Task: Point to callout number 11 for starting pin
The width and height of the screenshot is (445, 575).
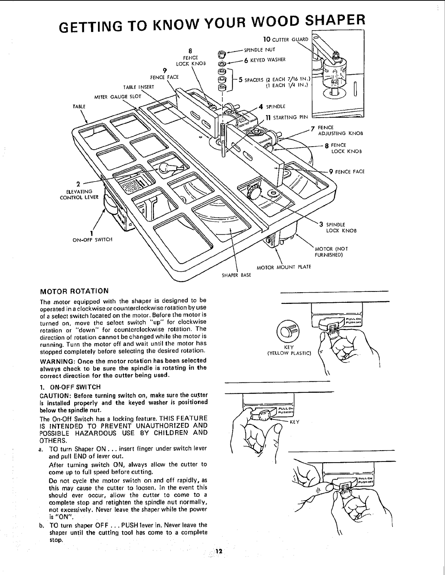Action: tap(266, 117)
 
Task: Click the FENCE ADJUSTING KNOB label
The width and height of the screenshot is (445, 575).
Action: tap(340, 131)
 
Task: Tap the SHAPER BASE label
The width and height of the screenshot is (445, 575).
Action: tap(237, 275)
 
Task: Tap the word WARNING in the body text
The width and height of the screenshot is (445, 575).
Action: tap(56, 361)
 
